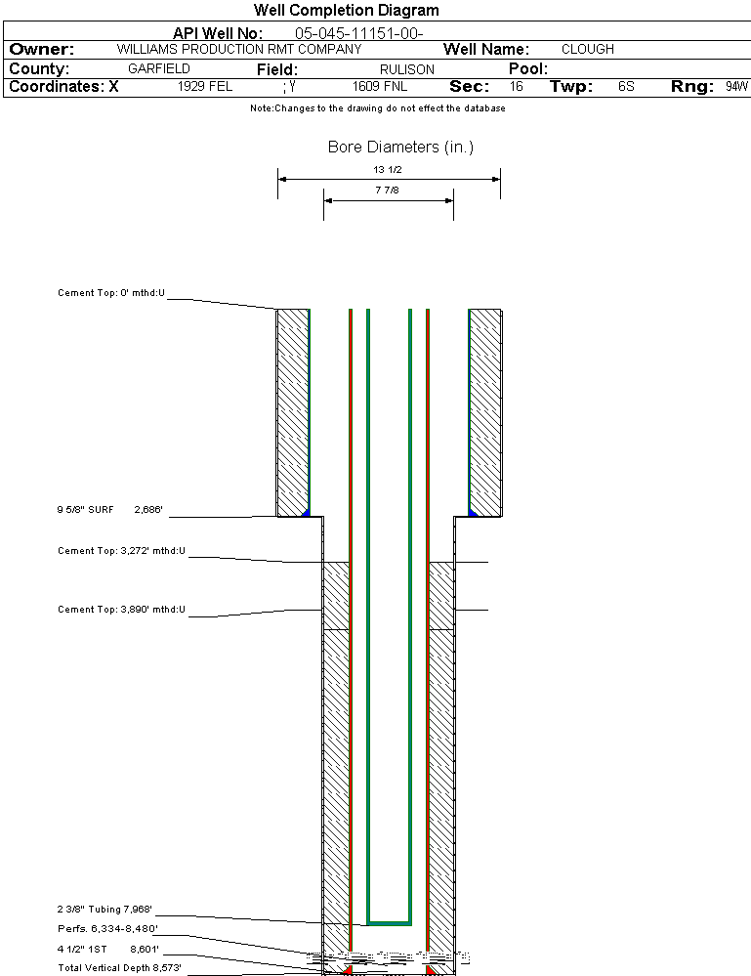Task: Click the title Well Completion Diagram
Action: [347, 11]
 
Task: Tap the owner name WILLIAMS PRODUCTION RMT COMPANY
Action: [239, 49]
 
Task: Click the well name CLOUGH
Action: [588, 49]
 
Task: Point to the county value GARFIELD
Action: [159, 69]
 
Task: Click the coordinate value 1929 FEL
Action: [205, 87]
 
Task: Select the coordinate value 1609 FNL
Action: [380, 87]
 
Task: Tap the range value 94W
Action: [736, 87]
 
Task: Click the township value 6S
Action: [626, 87]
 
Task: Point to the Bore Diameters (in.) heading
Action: [400, 148]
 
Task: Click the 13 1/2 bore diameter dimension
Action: [388, 170]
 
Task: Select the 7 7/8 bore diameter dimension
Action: [388, 191]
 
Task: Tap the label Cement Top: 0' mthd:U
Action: [111, 293]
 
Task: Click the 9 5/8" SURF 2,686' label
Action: [109, 510]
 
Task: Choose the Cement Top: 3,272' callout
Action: [121, 552]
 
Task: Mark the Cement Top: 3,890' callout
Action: [121, 611]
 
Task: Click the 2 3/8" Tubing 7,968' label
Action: [105, 910]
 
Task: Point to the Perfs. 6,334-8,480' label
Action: [107, 929]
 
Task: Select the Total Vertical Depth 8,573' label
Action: [119, 968]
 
